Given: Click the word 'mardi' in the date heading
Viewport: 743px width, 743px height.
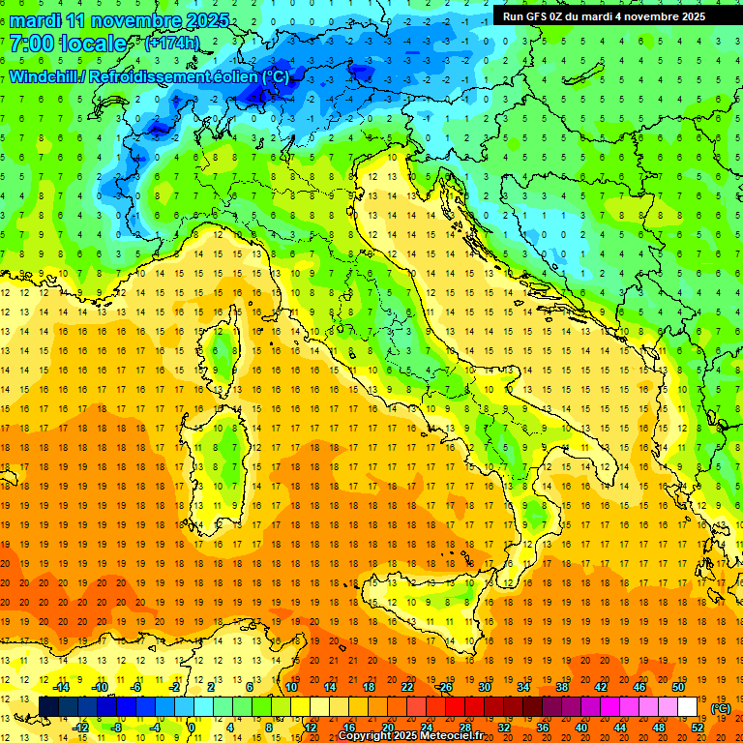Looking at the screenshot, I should pyautogui.click(x=35, y=20).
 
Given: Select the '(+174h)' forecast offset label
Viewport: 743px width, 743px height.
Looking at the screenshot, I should pyautogui.click(x=171, y=44).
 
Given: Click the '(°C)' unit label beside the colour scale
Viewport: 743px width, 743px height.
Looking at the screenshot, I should pyautogui.click(x=720, y=708).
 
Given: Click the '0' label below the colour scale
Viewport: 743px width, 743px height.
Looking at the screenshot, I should pyautogui.click(x=192, y=728).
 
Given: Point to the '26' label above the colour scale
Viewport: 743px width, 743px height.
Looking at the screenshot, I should pyautogui.click(x=446, y=687).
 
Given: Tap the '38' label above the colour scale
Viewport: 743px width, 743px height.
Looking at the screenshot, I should pyautogui.click(x=561, y=687).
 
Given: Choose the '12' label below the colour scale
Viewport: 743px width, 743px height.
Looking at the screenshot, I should pyautogui.click(x=312, y=728).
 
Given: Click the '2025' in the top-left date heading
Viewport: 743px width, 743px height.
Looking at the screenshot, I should pyautogui.click(x=206, y=20).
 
